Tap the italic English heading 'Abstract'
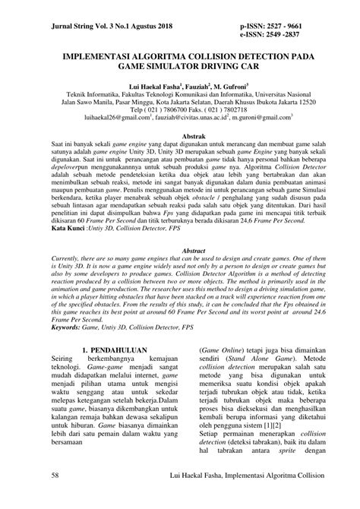[180, 270]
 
